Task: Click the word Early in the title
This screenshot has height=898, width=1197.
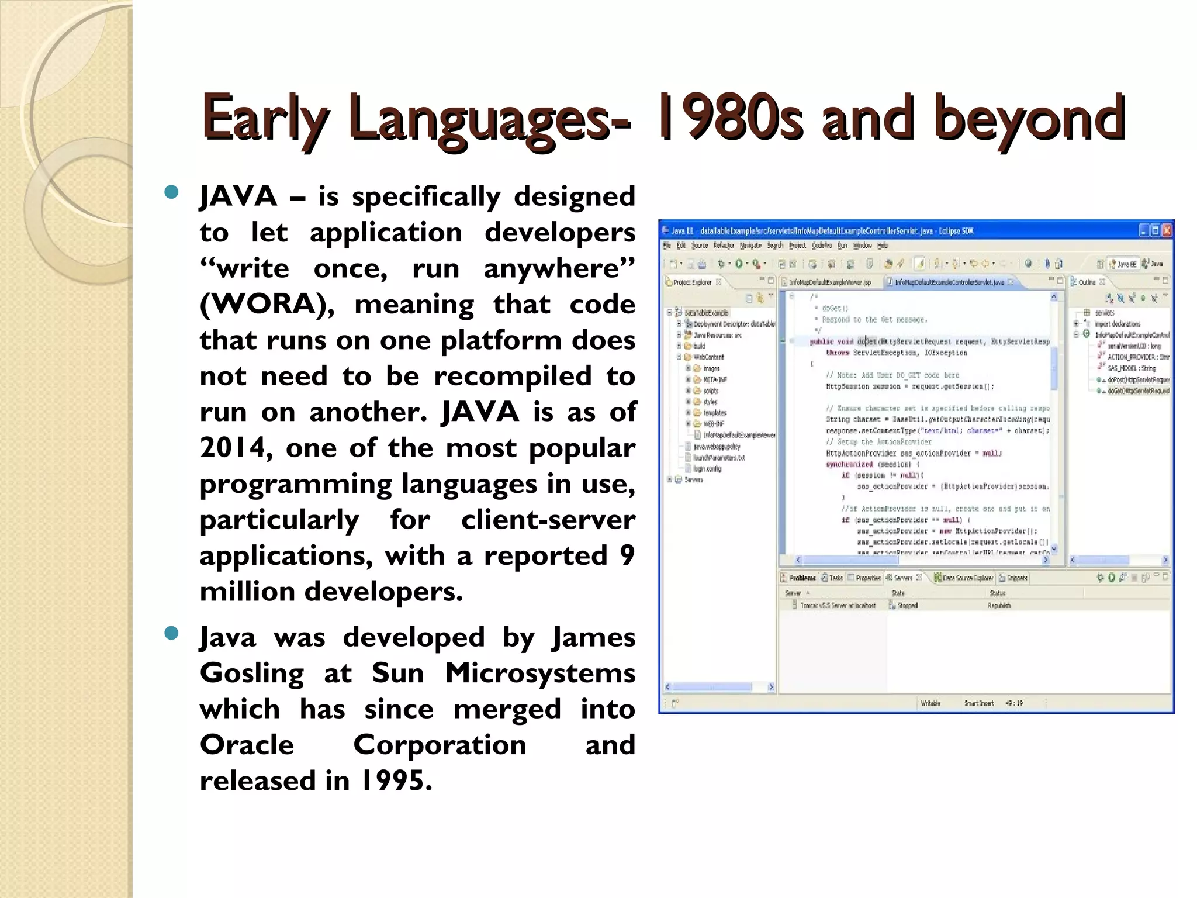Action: pos(265,119)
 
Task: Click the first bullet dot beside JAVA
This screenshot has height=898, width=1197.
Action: pos(171,193)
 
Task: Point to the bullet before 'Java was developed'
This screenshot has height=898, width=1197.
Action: pos(171,634)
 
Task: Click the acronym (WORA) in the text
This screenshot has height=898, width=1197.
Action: pos(266,305)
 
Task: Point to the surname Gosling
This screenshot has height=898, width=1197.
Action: pos(252,673)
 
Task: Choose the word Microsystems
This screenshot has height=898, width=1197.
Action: pos(539,673)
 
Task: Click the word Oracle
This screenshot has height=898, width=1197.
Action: pos(247,745)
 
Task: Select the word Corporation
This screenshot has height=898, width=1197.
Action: pos(440,745)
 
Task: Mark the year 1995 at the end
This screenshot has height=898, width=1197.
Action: pos(396,781)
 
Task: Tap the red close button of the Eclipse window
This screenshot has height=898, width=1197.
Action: pos(1167,230)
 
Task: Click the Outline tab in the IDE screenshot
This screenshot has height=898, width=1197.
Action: pos(1087,282)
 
